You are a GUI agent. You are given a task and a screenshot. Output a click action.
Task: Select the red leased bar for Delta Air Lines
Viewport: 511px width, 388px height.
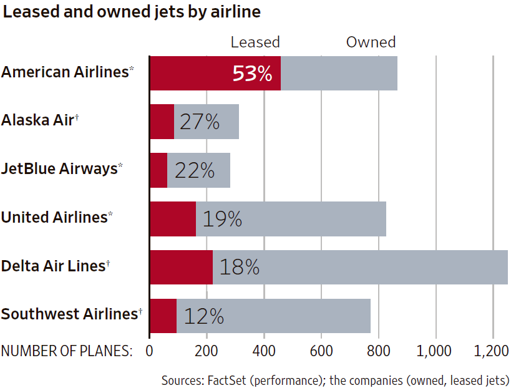pyautogui.click(x=181, y=267)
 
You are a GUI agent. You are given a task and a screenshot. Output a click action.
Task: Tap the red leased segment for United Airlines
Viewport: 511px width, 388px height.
pyautogui.click(x=173, y=218)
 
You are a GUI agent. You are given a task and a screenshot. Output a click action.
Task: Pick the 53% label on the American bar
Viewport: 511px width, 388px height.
pyautogui.click(x=252, y=74)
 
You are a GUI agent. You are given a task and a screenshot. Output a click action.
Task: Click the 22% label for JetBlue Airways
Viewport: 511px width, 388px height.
pyautogui.click(x=195, y=170)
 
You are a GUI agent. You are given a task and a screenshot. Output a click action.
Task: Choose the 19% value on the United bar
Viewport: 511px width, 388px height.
pyautogui.click(x=221, y=219)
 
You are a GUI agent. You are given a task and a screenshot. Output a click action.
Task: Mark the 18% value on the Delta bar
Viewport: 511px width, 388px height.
pyautogui.click(x=239, y=267)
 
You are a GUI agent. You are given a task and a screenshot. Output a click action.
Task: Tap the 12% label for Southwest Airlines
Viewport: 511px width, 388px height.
pyautogui.click(x=203, y=316)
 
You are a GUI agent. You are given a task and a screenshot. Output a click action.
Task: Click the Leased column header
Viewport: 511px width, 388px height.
pyautogui.click(x=255, y=42)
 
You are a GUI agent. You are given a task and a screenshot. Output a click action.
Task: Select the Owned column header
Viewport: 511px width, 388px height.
pyautogui.click(x=371, y=42)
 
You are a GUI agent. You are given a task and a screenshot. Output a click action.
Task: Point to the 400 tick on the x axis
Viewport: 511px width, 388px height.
pyautogui.click(x=264, y=351)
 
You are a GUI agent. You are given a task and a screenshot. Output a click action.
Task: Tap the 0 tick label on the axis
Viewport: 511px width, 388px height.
pyautogui.click(x=150, y=351)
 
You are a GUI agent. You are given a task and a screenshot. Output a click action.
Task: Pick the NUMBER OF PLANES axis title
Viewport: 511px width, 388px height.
pyautogui.click(x=67, y=351)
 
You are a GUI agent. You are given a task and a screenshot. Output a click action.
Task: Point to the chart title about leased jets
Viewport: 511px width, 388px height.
pyautogui.click(x=132, y=12)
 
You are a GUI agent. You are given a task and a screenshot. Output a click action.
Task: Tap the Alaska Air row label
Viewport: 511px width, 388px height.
pyautogui.click(x=39, y=120)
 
